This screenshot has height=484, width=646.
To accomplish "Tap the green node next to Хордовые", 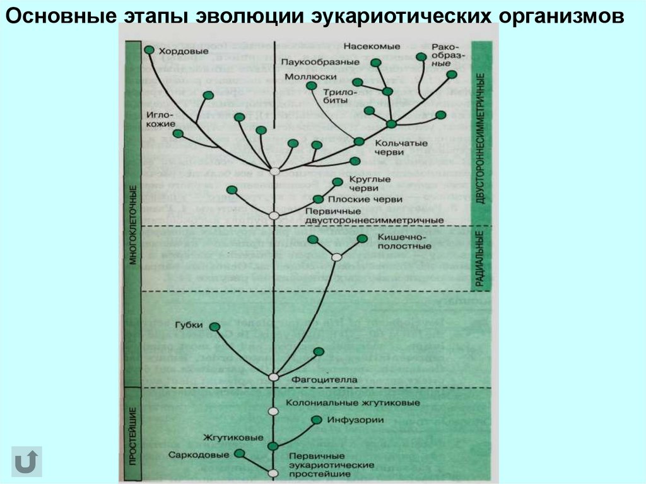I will pos(149,49).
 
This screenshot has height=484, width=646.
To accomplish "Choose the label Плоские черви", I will pos(373,199).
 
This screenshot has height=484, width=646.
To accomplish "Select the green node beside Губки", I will pos(215,327).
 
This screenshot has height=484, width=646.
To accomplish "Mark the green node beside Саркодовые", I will pos(239,454).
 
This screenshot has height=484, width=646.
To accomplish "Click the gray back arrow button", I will pos(26,461).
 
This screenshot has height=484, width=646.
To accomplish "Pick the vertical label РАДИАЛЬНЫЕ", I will pos(480,259).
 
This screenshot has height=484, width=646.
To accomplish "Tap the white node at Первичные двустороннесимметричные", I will pos(274,215).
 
